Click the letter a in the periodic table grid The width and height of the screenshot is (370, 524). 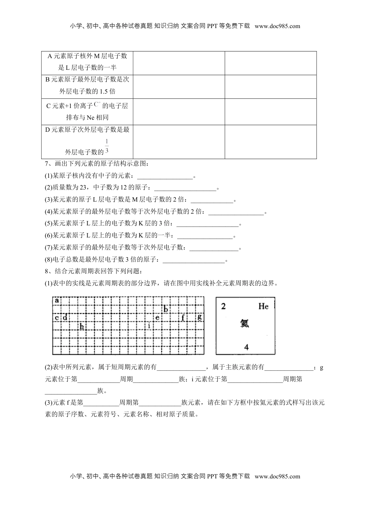[x=57, y=300]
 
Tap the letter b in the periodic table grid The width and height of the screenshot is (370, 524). [x=166, y=309]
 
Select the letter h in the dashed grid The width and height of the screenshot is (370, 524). [x=82, y=326]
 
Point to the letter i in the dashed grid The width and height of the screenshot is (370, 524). [x=149, y=325]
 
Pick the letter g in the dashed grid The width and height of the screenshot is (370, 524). [x=199, y=317]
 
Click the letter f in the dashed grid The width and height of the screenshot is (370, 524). [x=183, y=317]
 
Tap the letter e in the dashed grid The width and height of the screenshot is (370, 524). [x=157, y=317]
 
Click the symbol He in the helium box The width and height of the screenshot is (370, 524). [x=263, y=306]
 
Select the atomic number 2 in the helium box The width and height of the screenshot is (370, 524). [x=223, y=306]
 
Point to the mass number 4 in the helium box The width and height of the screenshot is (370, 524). [x=246, y=347]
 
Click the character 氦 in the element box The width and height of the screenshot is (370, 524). [x=245, y=323]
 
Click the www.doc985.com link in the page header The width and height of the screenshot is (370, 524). [x=277, y=26]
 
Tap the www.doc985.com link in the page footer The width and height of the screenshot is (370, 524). [x=277, y=476]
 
